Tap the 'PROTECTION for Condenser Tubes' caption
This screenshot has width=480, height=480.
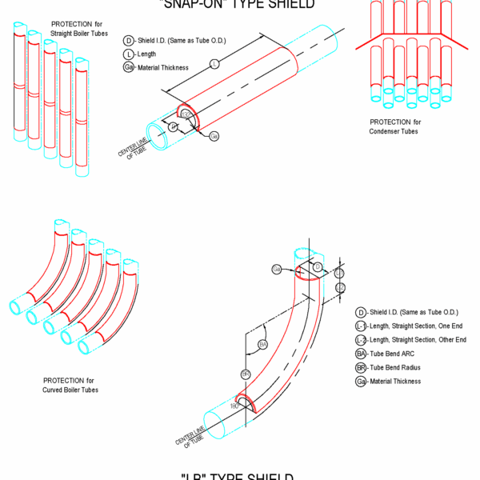(x=394, y=126)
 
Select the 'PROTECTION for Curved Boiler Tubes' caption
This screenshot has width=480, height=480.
(x=70, y=385)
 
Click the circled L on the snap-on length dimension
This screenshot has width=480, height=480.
(x=214, y=62)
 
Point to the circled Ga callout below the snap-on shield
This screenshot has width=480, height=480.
(x=214, y=136)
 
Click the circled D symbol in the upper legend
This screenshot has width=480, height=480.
(x=128, y=40)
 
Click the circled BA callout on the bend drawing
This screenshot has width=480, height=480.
(x=263, y=344)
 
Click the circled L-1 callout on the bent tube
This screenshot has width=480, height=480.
(x=339, y=274)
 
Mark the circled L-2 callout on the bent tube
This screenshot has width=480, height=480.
(x=340, y=287)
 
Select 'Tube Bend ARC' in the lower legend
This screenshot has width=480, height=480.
(x=397, y=354)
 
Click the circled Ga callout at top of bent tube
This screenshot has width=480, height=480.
(x=277, y=269)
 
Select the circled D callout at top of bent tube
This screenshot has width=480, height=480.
(x=317, y=266)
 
